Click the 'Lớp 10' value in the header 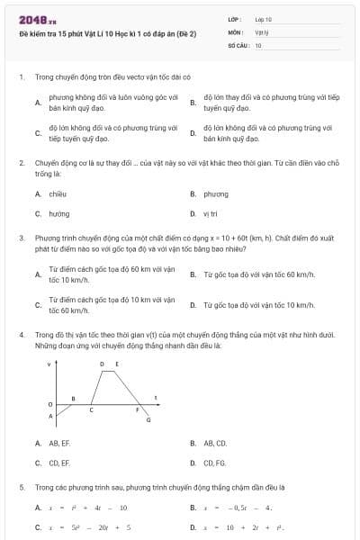263,19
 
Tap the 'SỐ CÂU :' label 238,44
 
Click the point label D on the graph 102,364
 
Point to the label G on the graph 148,420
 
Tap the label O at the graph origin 50,404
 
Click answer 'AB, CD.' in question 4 215,444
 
